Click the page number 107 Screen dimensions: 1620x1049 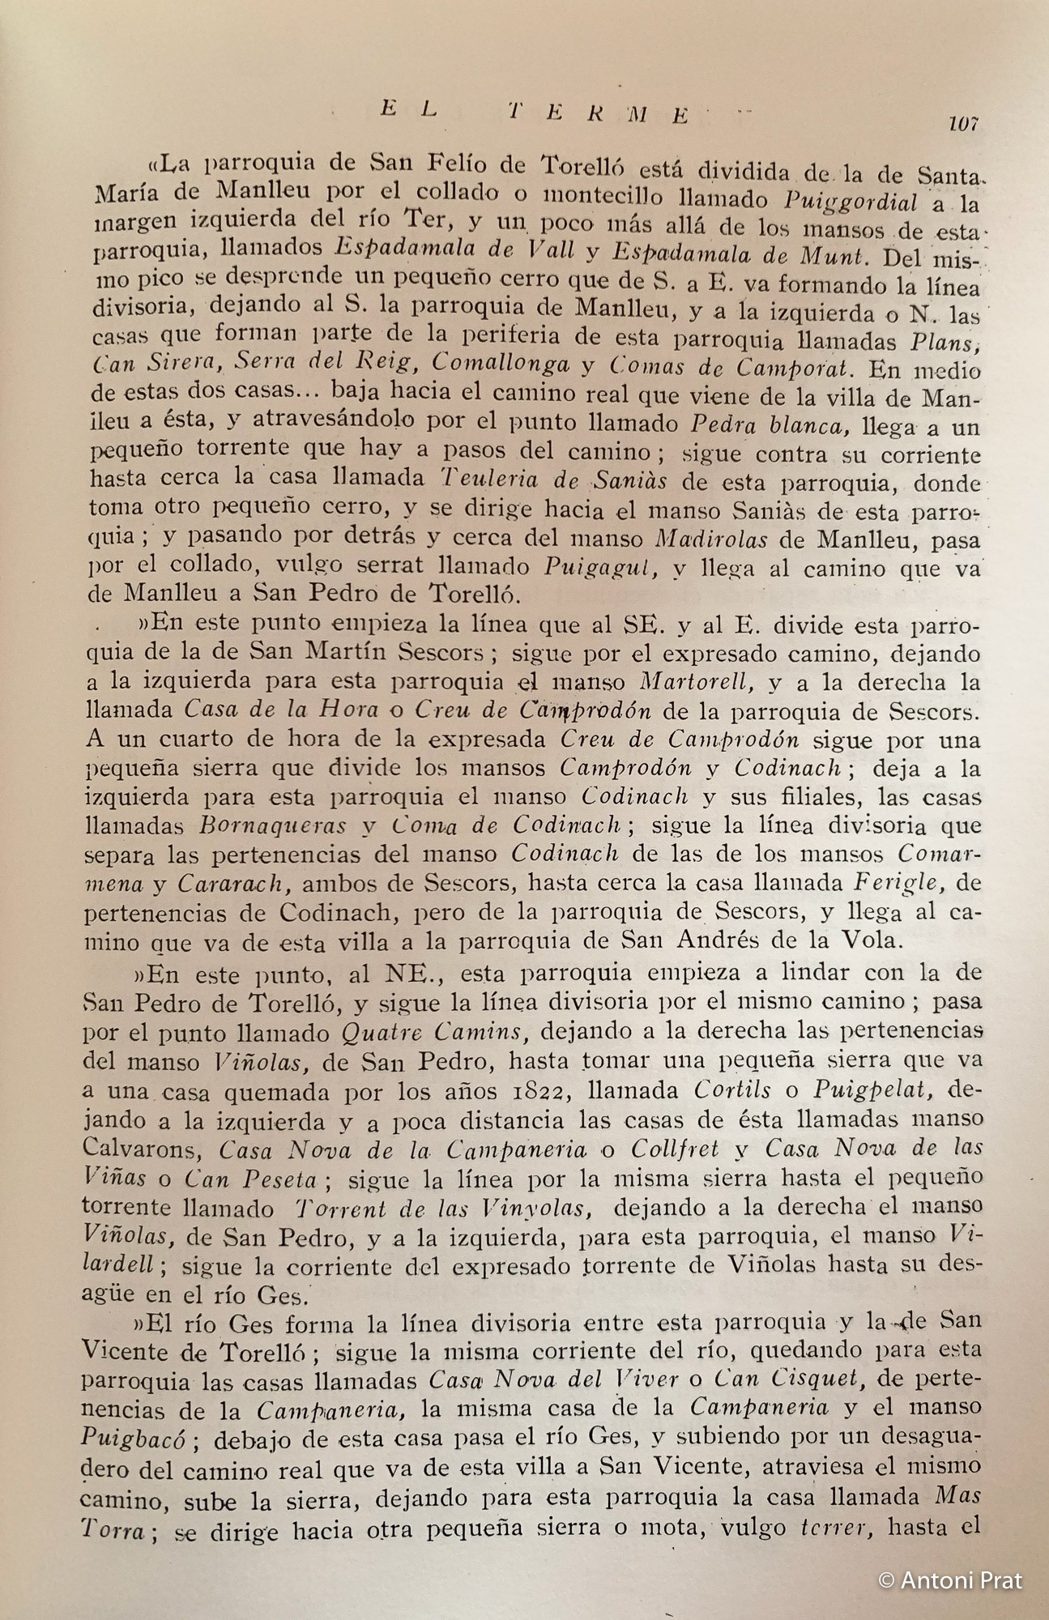coord(962,124)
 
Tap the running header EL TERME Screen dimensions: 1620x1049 coord(535,114)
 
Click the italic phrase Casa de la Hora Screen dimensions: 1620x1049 coord(281,710)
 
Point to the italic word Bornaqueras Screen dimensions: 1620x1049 coord(271,825)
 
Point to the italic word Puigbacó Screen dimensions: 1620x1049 coord(134,1438)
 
